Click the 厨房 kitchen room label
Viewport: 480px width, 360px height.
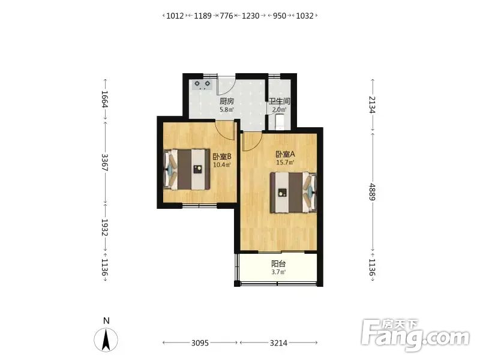click(227, 101)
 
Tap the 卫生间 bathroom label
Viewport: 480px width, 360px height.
click(279, 101)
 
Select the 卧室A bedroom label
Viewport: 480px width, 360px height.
click(285, 154)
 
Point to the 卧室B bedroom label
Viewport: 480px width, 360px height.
click(222, 157)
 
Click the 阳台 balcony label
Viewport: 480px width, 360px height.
click(278, 264)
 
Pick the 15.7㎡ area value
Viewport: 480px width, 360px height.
click(285, 163)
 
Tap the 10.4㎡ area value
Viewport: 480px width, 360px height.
click(222, 165)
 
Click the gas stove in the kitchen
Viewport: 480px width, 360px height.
click(202, 85)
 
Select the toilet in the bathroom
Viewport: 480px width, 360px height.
click(280, 121)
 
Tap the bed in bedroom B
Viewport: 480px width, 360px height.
click(187, 169)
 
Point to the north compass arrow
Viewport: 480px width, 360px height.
click(106, 340)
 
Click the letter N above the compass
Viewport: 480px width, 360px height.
click(106, 321)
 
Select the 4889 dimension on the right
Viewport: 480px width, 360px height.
click(372, 192)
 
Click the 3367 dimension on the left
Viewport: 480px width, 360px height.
click(104, 162)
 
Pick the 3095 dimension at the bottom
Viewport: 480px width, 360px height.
click(200, 343)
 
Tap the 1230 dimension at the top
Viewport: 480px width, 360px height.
click(250, 16)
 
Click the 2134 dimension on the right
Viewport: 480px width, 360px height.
click(372, 104)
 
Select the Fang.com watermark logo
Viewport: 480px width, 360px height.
click(415, 335)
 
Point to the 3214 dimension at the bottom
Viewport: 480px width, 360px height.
click(278, 343)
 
